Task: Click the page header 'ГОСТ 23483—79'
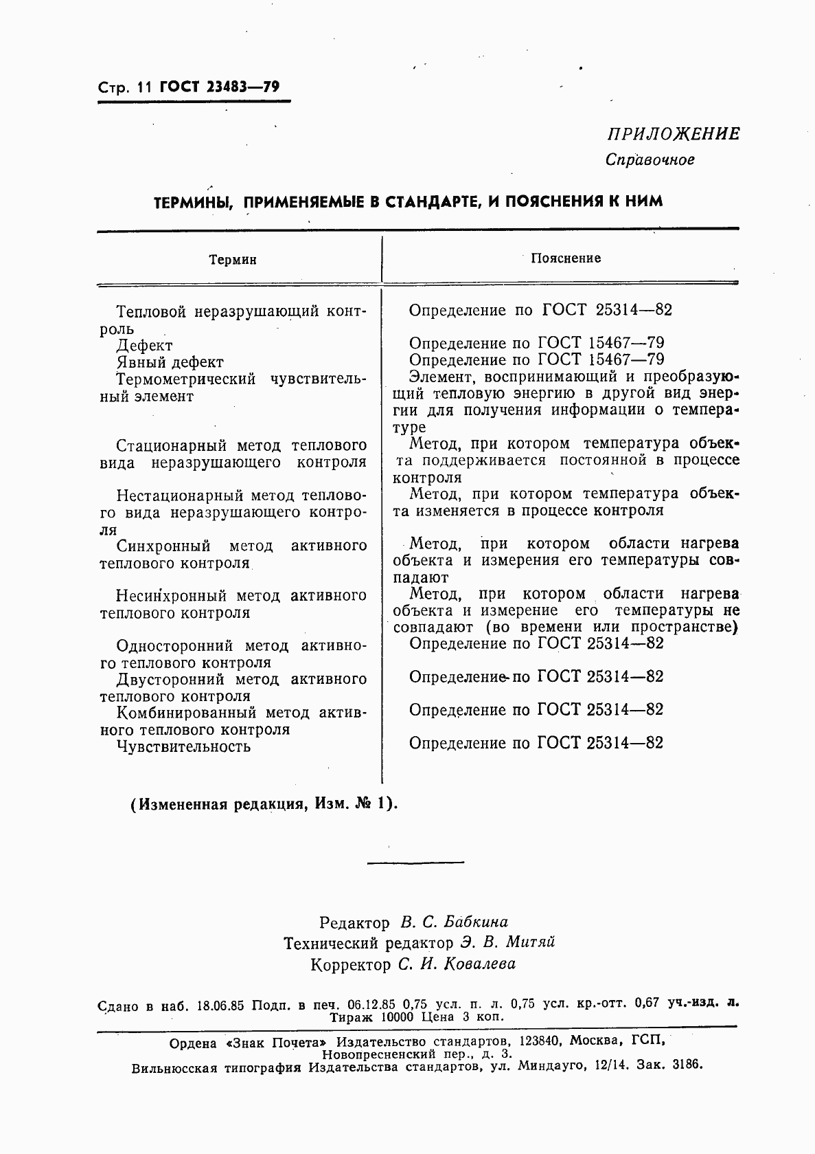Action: [219, 87]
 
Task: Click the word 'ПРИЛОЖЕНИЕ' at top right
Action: [672, 134]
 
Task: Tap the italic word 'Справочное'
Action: [650, 160]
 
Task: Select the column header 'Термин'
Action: [233, 260]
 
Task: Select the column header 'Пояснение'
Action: [566, 258]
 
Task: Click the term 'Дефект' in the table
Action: [144, 346]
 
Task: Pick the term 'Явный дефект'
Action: [170, 362]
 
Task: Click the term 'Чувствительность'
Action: [183, 746]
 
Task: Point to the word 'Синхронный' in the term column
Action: [163, 546]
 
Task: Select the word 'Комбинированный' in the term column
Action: [186, 713]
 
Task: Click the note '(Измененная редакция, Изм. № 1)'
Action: [264, 803]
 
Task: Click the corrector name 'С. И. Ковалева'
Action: [457, 964]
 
